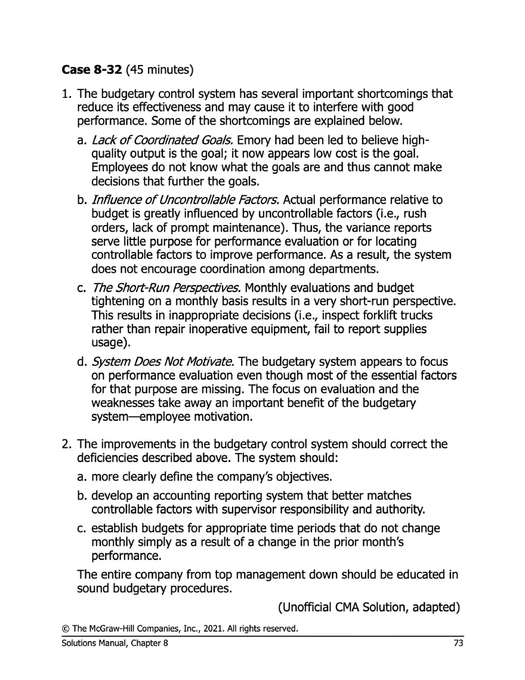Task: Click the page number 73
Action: coord(458,643)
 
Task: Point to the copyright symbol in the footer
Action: coord(64,629)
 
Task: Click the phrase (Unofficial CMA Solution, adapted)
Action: coord(369,608)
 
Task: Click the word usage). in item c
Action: coord(110,344)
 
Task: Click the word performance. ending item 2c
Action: coord(126,556)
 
